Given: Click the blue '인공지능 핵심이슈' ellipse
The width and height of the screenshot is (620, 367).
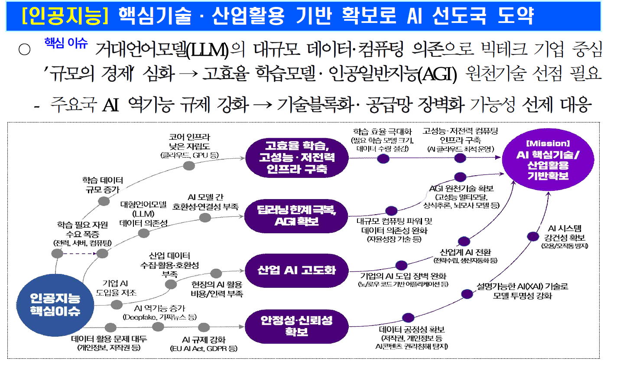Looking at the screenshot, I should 55,305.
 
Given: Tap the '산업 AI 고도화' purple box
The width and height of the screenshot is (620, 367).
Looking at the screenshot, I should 296,270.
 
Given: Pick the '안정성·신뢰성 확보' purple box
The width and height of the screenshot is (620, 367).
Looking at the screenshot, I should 296,326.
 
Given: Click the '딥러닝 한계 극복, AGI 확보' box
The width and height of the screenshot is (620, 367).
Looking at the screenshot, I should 296,216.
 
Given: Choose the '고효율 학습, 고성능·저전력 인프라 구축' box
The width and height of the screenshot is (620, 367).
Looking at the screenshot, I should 297,158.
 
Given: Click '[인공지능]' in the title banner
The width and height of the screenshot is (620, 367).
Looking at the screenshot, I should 65,16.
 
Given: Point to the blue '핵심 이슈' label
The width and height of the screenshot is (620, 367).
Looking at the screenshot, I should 66,43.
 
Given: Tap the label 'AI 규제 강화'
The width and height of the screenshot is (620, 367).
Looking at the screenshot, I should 204,340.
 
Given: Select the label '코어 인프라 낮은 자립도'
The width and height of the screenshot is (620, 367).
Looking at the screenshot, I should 189,142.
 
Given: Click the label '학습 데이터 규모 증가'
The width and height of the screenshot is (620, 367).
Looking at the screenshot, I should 103,185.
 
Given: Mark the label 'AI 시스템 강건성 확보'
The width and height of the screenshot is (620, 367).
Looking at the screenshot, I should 565,233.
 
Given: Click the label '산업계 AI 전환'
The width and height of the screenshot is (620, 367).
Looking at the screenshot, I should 465,252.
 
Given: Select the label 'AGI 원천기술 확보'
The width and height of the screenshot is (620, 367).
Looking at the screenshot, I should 461,188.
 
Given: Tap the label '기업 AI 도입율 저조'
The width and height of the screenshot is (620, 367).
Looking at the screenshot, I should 116,288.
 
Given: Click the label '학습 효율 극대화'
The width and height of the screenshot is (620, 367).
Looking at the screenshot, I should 382,132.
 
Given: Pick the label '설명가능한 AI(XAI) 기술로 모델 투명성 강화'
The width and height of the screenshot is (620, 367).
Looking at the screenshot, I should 522,291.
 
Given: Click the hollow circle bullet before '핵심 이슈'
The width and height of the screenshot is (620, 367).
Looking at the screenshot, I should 25,49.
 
